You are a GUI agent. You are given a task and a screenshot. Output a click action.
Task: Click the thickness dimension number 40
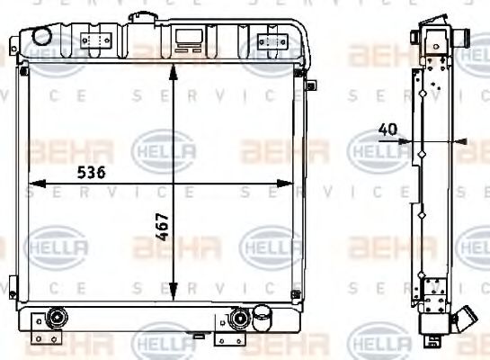388,130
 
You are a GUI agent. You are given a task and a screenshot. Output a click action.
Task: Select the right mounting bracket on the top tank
269,40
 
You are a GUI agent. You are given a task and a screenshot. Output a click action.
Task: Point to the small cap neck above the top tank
142,16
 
